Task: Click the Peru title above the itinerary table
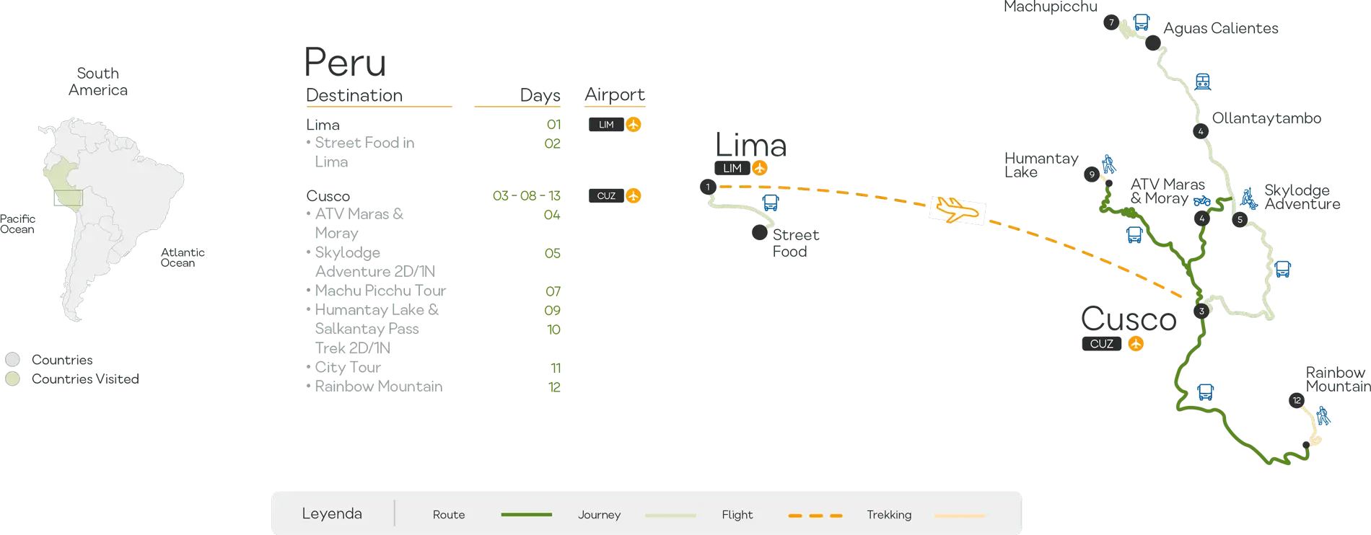point(346,63)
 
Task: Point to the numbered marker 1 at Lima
point(708,187)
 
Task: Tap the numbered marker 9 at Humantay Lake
point(1092,174)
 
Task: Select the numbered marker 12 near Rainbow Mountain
point(1297,401)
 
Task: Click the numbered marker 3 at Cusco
point(1201,311)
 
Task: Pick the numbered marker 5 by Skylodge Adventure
point(1240,220)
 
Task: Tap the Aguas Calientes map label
point(1221,29)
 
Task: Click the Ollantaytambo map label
point(1266,119)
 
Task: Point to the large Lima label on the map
point(752,145)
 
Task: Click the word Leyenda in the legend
point(332,514)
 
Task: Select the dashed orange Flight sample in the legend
point(815,516)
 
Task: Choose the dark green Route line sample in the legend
point(526,515)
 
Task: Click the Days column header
point(540,95)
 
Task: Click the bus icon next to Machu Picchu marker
point(1141,22)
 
